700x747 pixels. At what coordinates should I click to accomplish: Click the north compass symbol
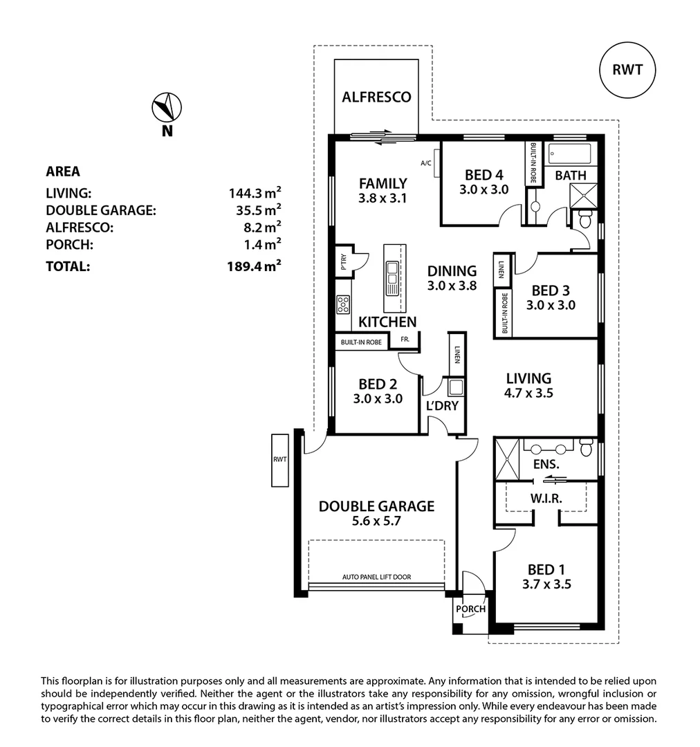coord(166,108)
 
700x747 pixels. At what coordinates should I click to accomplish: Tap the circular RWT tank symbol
coord(627,69)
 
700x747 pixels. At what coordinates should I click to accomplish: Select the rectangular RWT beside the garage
coord(280,459)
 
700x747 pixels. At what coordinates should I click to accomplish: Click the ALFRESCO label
coord(376,97)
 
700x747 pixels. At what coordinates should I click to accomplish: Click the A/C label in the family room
coord(426,163)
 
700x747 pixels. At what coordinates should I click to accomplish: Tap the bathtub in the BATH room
coord(569,154)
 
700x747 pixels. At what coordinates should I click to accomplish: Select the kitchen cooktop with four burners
coord(343,304)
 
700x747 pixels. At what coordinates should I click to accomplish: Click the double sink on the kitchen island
coord(392,273)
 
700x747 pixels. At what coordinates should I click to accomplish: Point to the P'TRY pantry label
coord(343,261)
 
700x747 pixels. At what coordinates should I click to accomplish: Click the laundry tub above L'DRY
coord(455,386)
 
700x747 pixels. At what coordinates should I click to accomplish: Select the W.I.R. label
coord(546,498)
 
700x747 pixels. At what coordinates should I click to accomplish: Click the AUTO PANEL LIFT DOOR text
coord(376,576)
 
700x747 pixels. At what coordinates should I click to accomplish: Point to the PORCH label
coord(470,609)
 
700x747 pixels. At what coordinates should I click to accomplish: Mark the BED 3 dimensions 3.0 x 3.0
coord(551,304)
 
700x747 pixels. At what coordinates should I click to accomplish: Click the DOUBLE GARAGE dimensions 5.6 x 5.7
coord(376,524)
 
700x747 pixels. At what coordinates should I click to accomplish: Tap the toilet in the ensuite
coord(586,447)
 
